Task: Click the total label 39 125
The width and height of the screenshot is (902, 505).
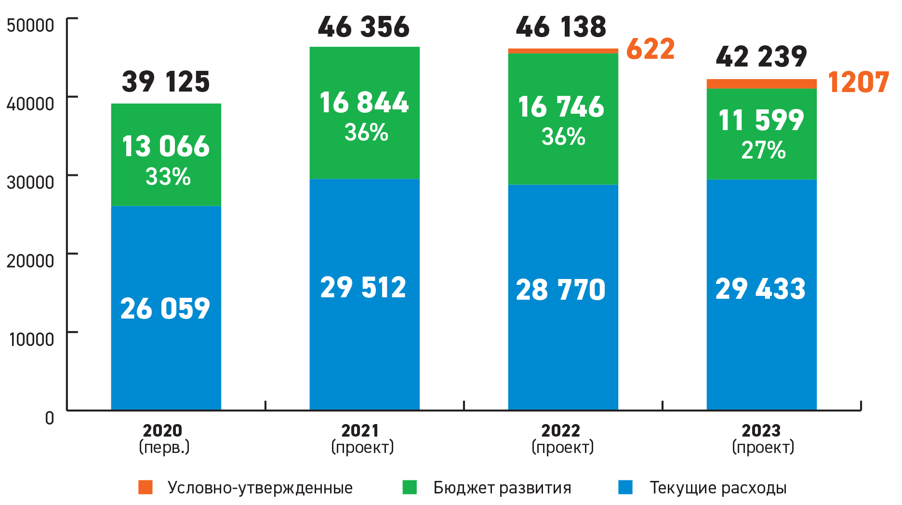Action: click(x=166, y=82)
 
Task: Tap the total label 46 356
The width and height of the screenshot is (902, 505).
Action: click(x=364, y=27)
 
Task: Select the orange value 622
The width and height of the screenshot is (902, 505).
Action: click(x=650, y=49)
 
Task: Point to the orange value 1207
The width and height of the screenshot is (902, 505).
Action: click(x=858, y=82)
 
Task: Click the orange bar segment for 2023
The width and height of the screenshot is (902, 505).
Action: click(x=761, y=84)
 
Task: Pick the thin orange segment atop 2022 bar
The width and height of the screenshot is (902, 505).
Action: click(x=563, y=51)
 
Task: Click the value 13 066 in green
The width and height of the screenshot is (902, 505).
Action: click(x=166, y=146)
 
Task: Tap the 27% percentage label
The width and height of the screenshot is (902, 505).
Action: click(x=763, y=150)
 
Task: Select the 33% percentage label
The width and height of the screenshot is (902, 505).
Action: click(x=168, y=177)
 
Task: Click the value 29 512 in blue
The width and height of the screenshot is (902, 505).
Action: click(x=363, y=288)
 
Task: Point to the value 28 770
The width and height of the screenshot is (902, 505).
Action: click(x=560, y=290)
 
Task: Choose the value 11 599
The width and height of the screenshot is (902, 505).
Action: click(x=761, y=120)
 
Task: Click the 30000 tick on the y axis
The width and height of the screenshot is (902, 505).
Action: click(x=30, y=182)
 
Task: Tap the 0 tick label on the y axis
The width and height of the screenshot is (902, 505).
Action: click(x=50, y=418)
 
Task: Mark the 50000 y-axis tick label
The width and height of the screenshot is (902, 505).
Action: click(x=30, y=25)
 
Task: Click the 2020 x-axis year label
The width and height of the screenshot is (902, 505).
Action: click(x=163, y=430)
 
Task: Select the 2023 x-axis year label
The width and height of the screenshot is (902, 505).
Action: click(x=761, y=430)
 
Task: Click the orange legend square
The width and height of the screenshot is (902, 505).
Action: click(x=146, y=487)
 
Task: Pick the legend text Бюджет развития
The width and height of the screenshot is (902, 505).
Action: click(x=502, y=488)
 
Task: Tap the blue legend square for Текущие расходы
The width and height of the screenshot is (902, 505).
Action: click(x=625, y=487)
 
